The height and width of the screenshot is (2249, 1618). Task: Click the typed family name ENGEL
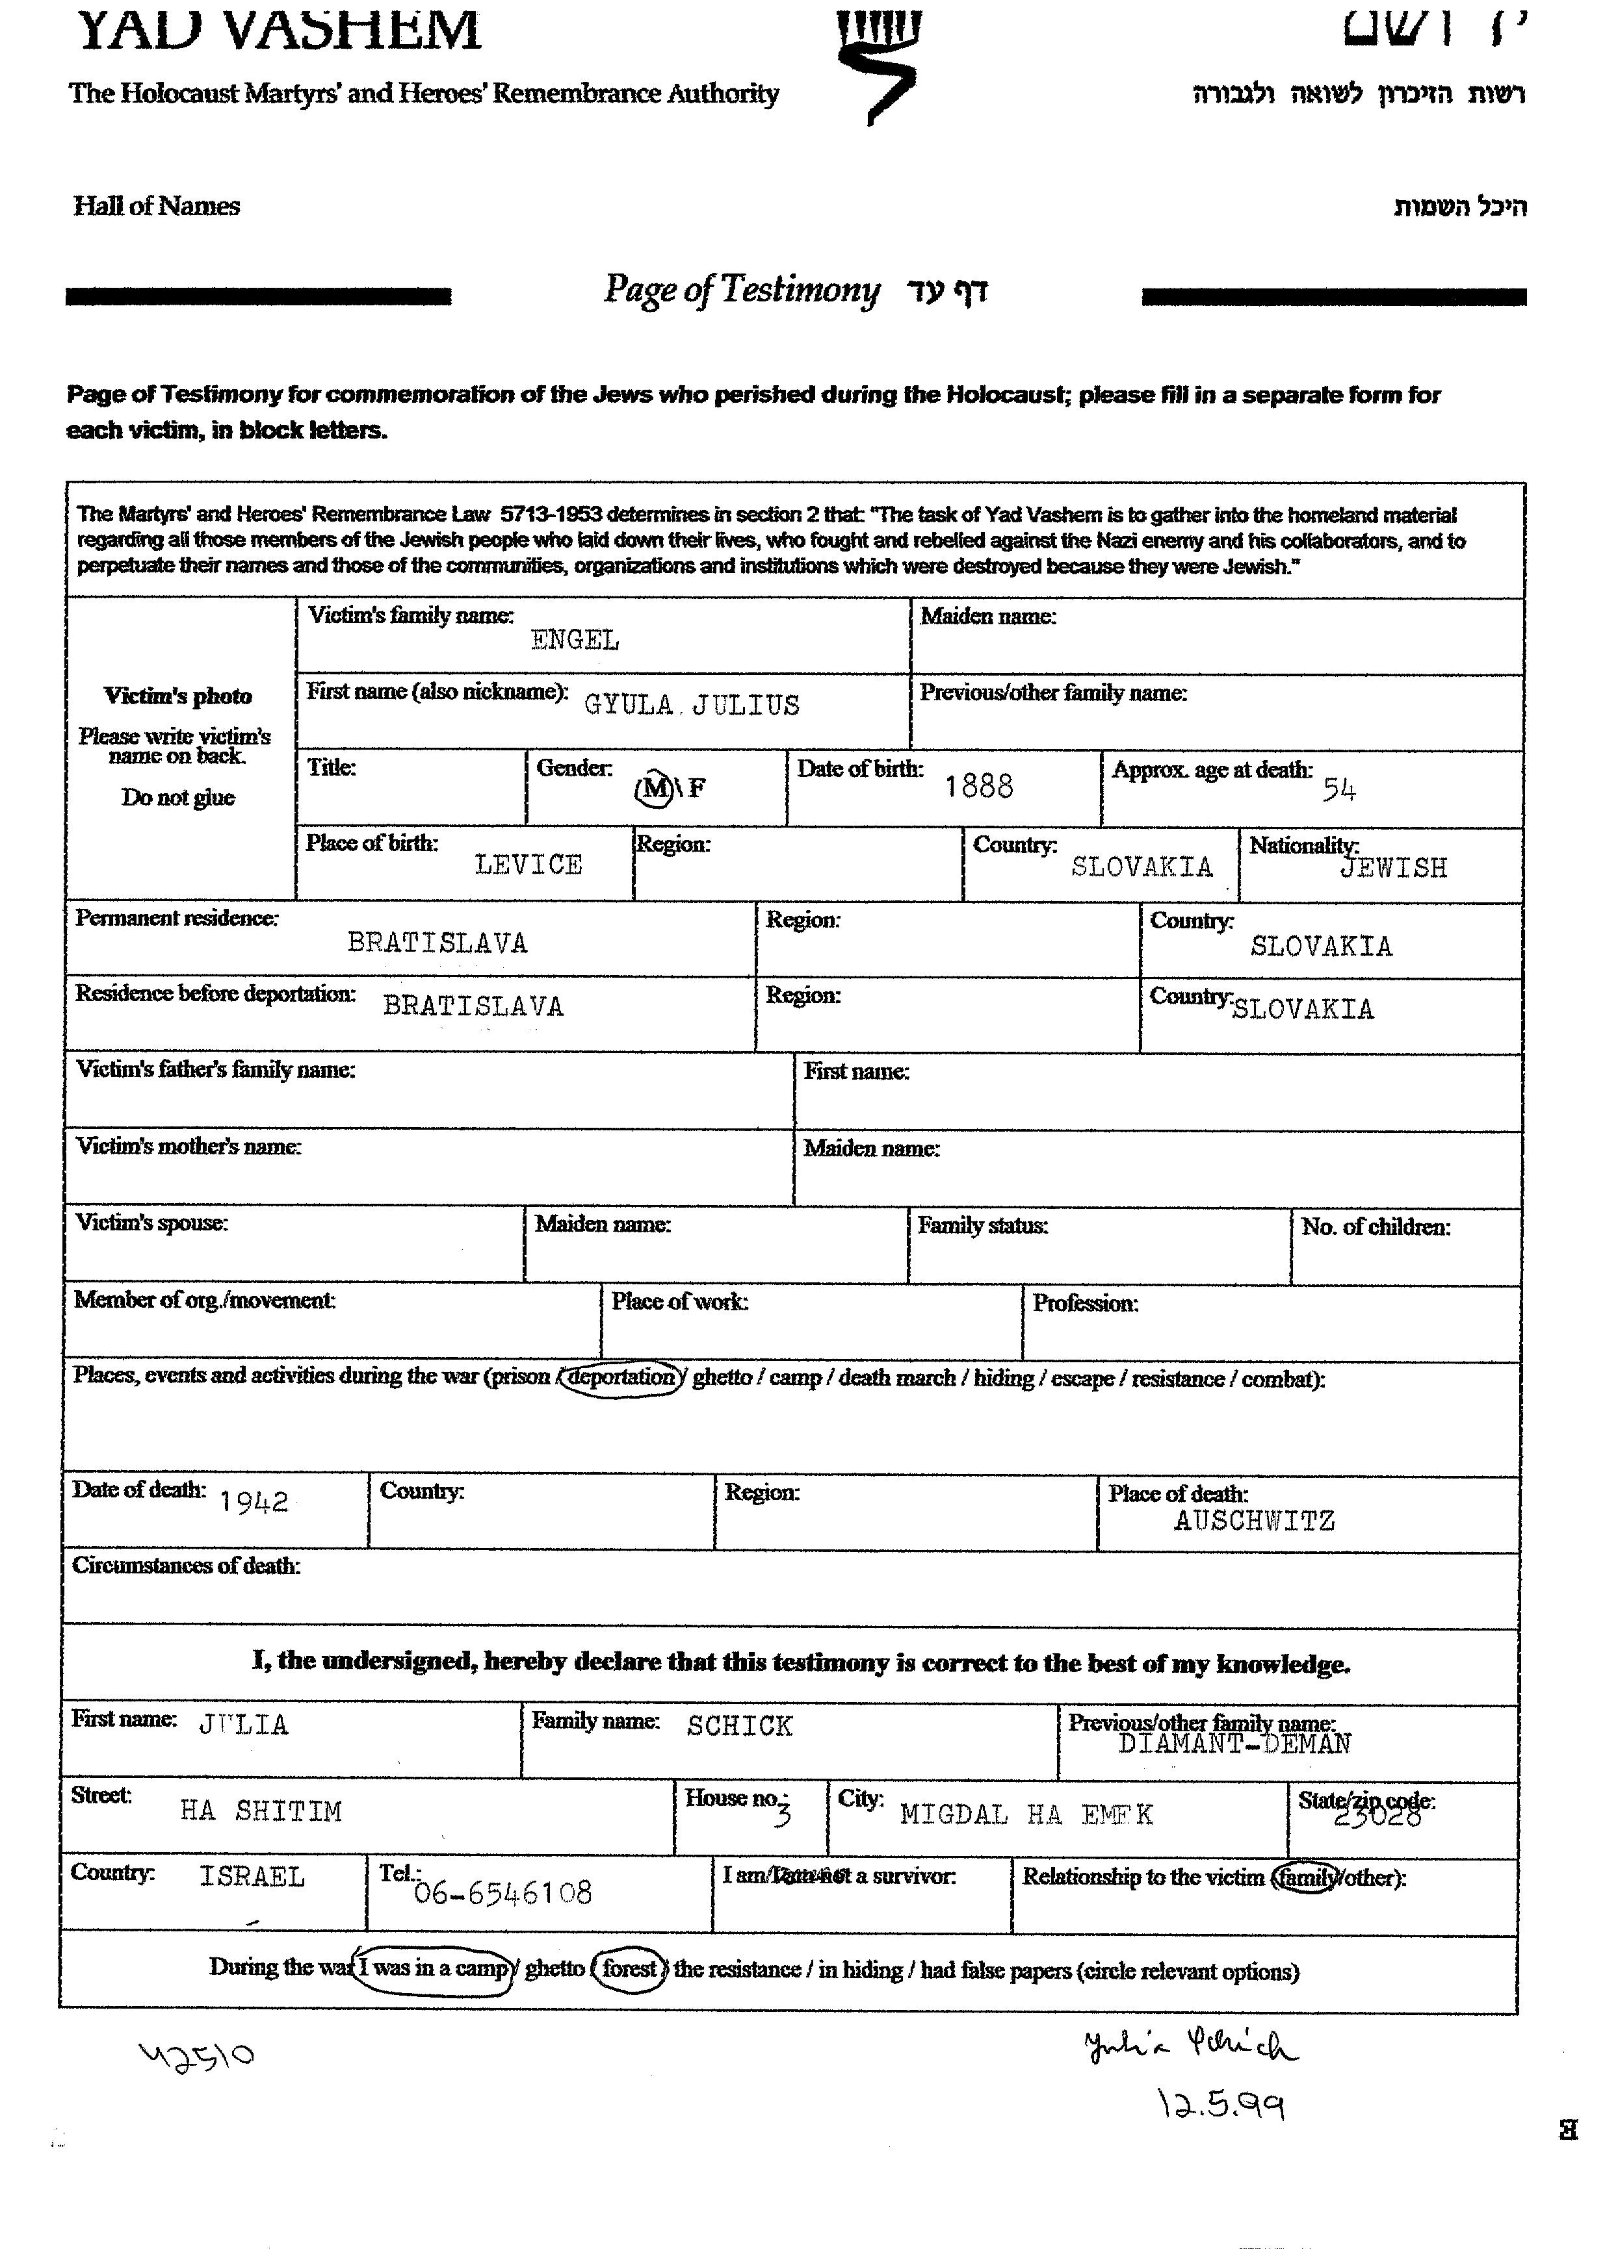click(575, 641)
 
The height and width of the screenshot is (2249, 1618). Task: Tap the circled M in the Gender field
click(654, 789)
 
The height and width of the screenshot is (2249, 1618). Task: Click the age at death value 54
click(1338, 789)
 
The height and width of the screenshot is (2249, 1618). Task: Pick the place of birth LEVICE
click(528, 865)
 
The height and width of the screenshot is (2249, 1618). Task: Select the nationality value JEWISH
click(1393, 869)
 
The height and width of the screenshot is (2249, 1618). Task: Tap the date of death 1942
click(254, 1503)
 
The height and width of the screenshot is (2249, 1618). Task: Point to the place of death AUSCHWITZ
click(1254, 1521)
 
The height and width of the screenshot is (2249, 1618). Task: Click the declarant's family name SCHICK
click(739, 1727)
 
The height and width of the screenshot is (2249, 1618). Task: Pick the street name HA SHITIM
click(261, 1812)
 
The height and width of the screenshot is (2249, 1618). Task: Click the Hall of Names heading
click(157, 207)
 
